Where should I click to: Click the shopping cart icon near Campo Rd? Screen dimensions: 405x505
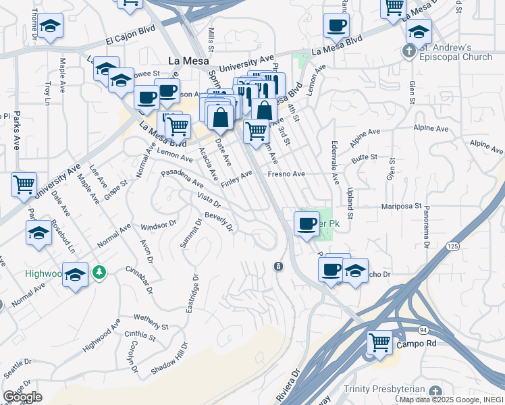(x=379, y=342)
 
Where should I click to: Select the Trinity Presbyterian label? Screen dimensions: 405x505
(x=383, y=389)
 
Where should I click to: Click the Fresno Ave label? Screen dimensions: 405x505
(x=286, y=174)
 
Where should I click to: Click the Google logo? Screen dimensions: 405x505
(x=22, y=397)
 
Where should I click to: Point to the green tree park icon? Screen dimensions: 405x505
(x=100, y=271)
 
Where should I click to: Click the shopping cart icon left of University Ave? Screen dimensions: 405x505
(x=24, y=184)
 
